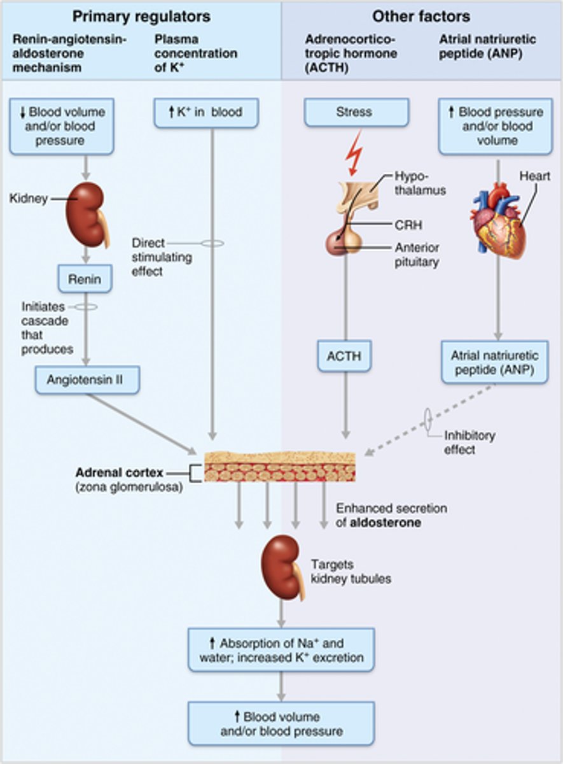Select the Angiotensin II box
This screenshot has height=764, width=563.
(x=87, y=380)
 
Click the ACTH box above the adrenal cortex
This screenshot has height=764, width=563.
(x=344, y=356)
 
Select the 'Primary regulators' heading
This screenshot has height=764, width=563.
(x=141, y=16)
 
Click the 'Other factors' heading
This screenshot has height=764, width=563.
(x=421, y=16)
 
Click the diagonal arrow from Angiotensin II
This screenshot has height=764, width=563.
(x=141, y=423)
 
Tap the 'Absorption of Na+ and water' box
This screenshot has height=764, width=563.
(x=281, y=649)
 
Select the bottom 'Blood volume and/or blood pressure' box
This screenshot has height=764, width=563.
(x=281, y=724)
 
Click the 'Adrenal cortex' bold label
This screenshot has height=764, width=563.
(x=119, y=473)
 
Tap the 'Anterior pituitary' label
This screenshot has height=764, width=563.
(x=417, y=255)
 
